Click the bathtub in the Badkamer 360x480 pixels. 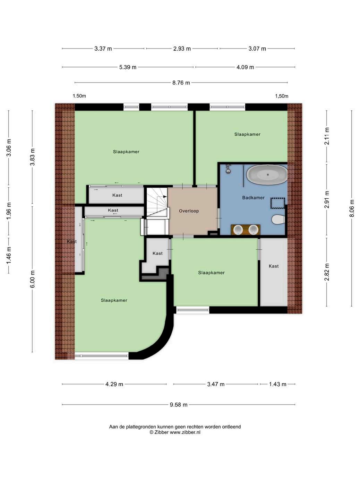pyautogui.click(x=267, y=175)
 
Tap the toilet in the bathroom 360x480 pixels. pyautogui.click(x=278, y=220)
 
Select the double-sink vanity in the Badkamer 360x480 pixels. pyautogui.click(x=246, y=230)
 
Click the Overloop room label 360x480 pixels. pyautogui.click(x=189, y=211)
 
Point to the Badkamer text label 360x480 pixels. pyautogui.click(x=253, y=198)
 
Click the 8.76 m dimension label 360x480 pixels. pyautogui.click(x=181, y=83)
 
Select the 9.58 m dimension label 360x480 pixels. pyautogui.click(x=179, y=405)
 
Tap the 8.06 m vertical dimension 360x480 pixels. pyautogui.click(x=352, y=208)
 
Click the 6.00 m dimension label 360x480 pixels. pyautogui.click(x=32, y=279)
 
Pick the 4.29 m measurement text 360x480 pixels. pyautogui.click(x=114, y=384)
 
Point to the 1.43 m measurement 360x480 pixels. pyautogui.click(x=277, y=384)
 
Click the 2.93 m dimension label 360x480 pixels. pyautogui.click(x=182, y=49)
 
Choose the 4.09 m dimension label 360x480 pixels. pyautogui.click(x=245, y=67)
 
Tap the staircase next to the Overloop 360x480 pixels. pyautogui.click(x=157, y=202)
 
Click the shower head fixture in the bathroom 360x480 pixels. pyautogui.click(x=228, y=169)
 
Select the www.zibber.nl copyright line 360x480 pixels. pyautogui.click(x=175, y=432)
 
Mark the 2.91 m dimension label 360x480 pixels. pyautogui.click(x=327, y=200)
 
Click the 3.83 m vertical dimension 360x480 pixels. pyautogui.click(x=32, y=157)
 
